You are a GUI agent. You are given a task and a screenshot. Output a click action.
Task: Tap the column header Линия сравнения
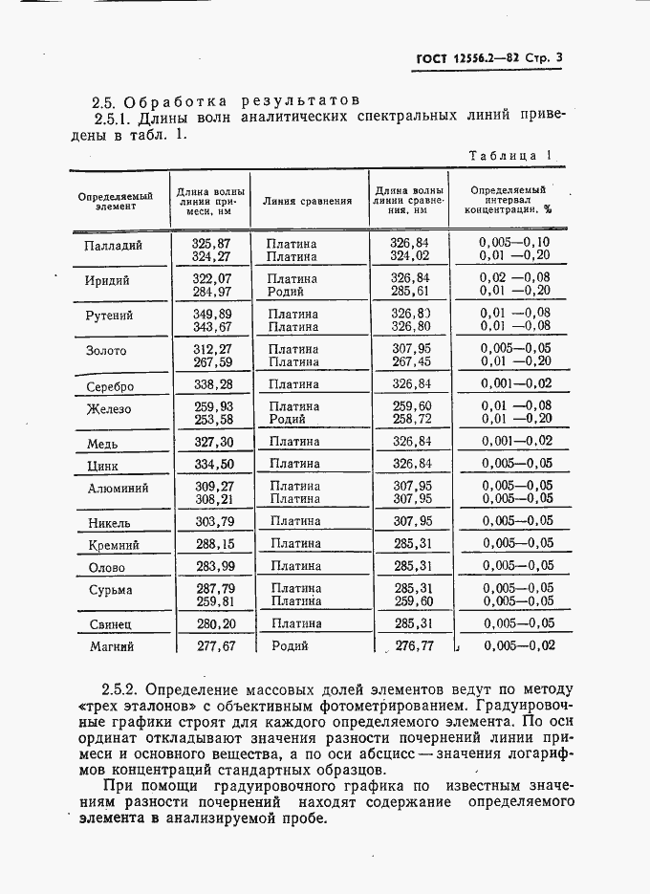tap(307, 202)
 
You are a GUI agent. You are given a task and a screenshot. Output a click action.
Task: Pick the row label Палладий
tap(114, 245)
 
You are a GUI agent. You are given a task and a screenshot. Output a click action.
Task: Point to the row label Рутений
tap(110, 316)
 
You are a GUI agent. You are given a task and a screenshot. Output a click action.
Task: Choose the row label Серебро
tap(110, 386)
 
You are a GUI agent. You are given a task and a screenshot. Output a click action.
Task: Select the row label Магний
tap(110, 646)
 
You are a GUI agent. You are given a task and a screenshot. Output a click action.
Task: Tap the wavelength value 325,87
tap(211, 244)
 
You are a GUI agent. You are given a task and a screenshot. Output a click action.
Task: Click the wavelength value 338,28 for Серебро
tap(212, 384)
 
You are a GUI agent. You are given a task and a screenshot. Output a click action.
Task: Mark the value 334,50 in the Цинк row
tap(212, 464)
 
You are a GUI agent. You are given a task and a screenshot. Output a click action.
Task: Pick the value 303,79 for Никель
tap(212, 521)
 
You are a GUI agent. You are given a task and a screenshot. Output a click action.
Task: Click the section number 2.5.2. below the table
tap(120, 688)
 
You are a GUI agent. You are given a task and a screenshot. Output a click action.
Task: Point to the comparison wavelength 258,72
tap(411, 420)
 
